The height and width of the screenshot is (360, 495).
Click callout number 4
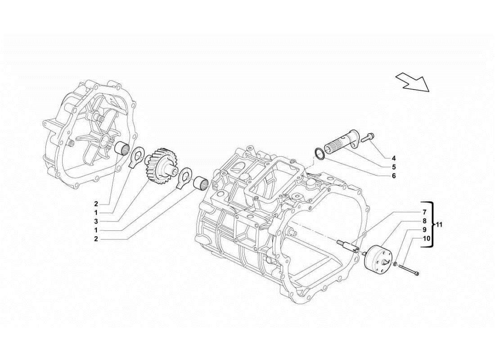tap(393, 158)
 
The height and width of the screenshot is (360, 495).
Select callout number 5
tap(393, 167)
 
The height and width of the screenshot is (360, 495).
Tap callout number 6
tap(393, 176)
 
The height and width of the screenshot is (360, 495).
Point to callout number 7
tap(424, 211)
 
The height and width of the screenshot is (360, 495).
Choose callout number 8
tap(424, 221)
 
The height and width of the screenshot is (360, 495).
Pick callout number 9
tap(424, 229)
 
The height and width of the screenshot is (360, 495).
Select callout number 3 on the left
tap(96, 221)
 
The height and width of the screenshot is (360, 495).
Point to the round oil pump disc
tap(378, 258)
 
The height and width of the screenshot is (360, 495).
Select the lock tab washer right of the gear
tap(184, 177)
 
